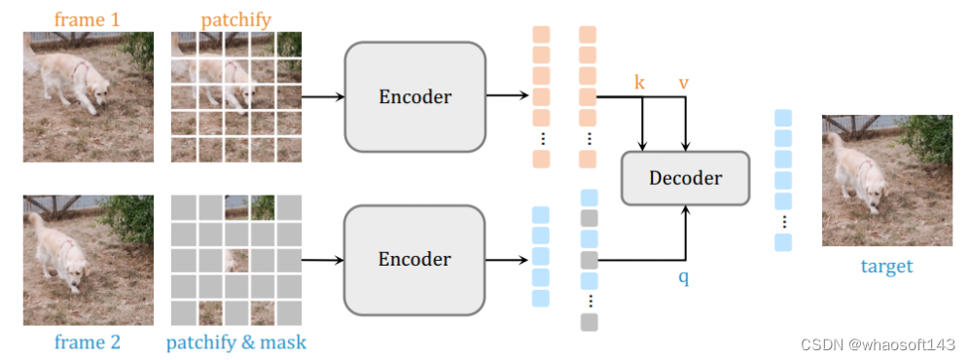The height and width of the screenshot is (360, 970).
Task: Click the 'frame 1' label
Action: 88,18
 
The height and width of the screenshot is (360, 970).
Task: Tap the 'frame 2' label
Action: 88,342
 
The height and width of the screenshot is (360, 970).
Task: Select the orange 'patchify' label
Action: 235,18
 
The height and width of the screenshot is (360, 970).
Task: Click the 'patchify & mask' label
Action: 235,342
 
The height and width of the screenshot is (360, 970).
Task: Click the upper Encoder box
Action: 414,96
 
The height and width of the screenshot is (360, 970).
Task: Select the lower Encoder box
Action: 414,260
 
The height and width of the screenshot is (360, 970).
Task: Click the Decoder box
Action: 685,178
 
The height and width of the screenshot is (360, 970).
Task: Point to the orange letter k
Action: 639,83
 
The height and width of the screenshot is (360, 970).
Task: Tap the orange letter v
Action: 684,83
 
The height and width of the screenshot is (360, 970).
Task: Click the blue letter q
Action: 685,277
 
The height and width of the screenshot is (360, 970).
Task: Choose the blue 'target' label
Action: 886,266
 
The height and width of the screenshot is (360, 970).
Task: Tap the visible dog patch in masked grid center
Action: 235,261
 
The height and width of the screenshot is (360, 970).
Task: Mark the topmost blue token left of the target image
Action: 783,118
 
